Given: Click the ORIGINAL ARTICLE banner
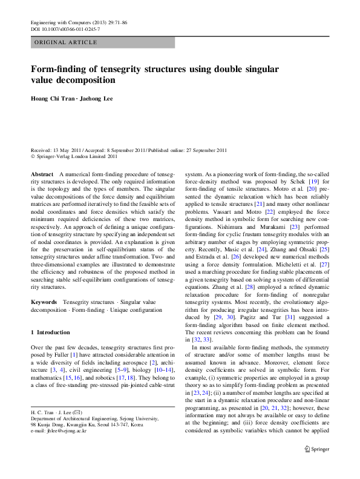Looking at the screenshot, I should point(66,42).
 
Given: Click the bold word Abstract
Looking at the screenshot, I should point(42,174).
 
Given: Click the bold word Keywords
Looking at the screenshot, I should point(44,302).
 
